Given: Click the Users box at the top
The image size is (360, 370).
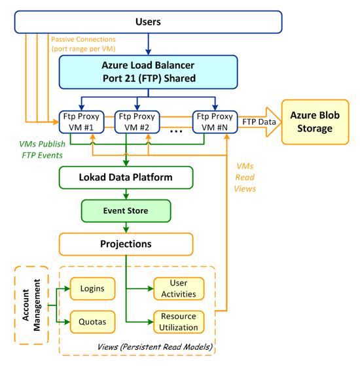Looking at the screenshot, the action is pos(148,22).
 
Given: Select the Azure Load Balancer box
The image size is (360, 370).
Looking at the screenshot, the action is pos(148,72).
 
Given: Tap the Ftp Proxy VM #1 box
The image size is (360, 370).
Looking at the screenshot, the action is pos(81,122).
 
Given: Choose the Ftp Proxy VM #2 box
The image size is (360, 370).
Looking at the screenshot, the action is pos(137,122).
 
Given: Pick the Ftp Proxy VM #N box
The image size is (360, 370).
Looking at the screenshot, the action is pos(215,122).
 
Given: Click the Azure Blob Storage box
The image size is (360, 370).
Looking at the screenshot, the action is pos(315,122).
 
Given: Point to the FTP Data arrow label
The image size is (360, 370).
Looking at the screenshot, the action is pos(259,122).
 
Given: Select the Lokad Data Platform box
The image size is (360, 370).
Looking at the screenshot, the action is pos(126,177).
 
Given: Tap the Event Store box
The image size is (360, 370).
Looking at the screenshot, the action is pos(126,210).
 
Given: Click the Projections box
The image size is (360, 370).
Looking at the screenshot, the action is pos(126,244).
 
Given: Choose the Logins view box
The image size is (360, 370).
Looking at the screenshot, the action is pos(92,288).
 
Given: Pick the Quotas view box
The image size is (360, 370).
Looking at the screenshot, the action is pos(92,322).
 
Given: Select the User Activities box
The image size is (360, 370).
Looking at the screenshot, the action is pos(179,288).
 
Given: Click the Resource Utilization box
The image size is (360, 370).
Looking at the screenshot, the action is pos(179,322).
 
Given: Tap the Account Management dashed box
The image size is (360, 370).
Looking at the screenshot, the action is pos(31,305).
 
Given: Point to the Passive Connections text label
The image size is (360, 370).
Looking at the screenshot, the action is pos(83,44).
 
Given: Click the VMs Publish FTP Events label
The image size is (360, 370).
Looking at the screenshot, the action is pos(42,149).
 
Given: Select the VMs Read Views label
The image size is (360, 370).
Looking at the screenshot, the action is pos(245,177).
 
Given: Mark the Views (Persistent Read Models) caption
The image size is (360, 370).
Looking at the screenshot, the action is pos(155,347).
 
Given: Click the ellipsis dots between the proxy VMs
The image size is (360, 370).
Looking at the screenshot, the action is pos(176,131).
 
